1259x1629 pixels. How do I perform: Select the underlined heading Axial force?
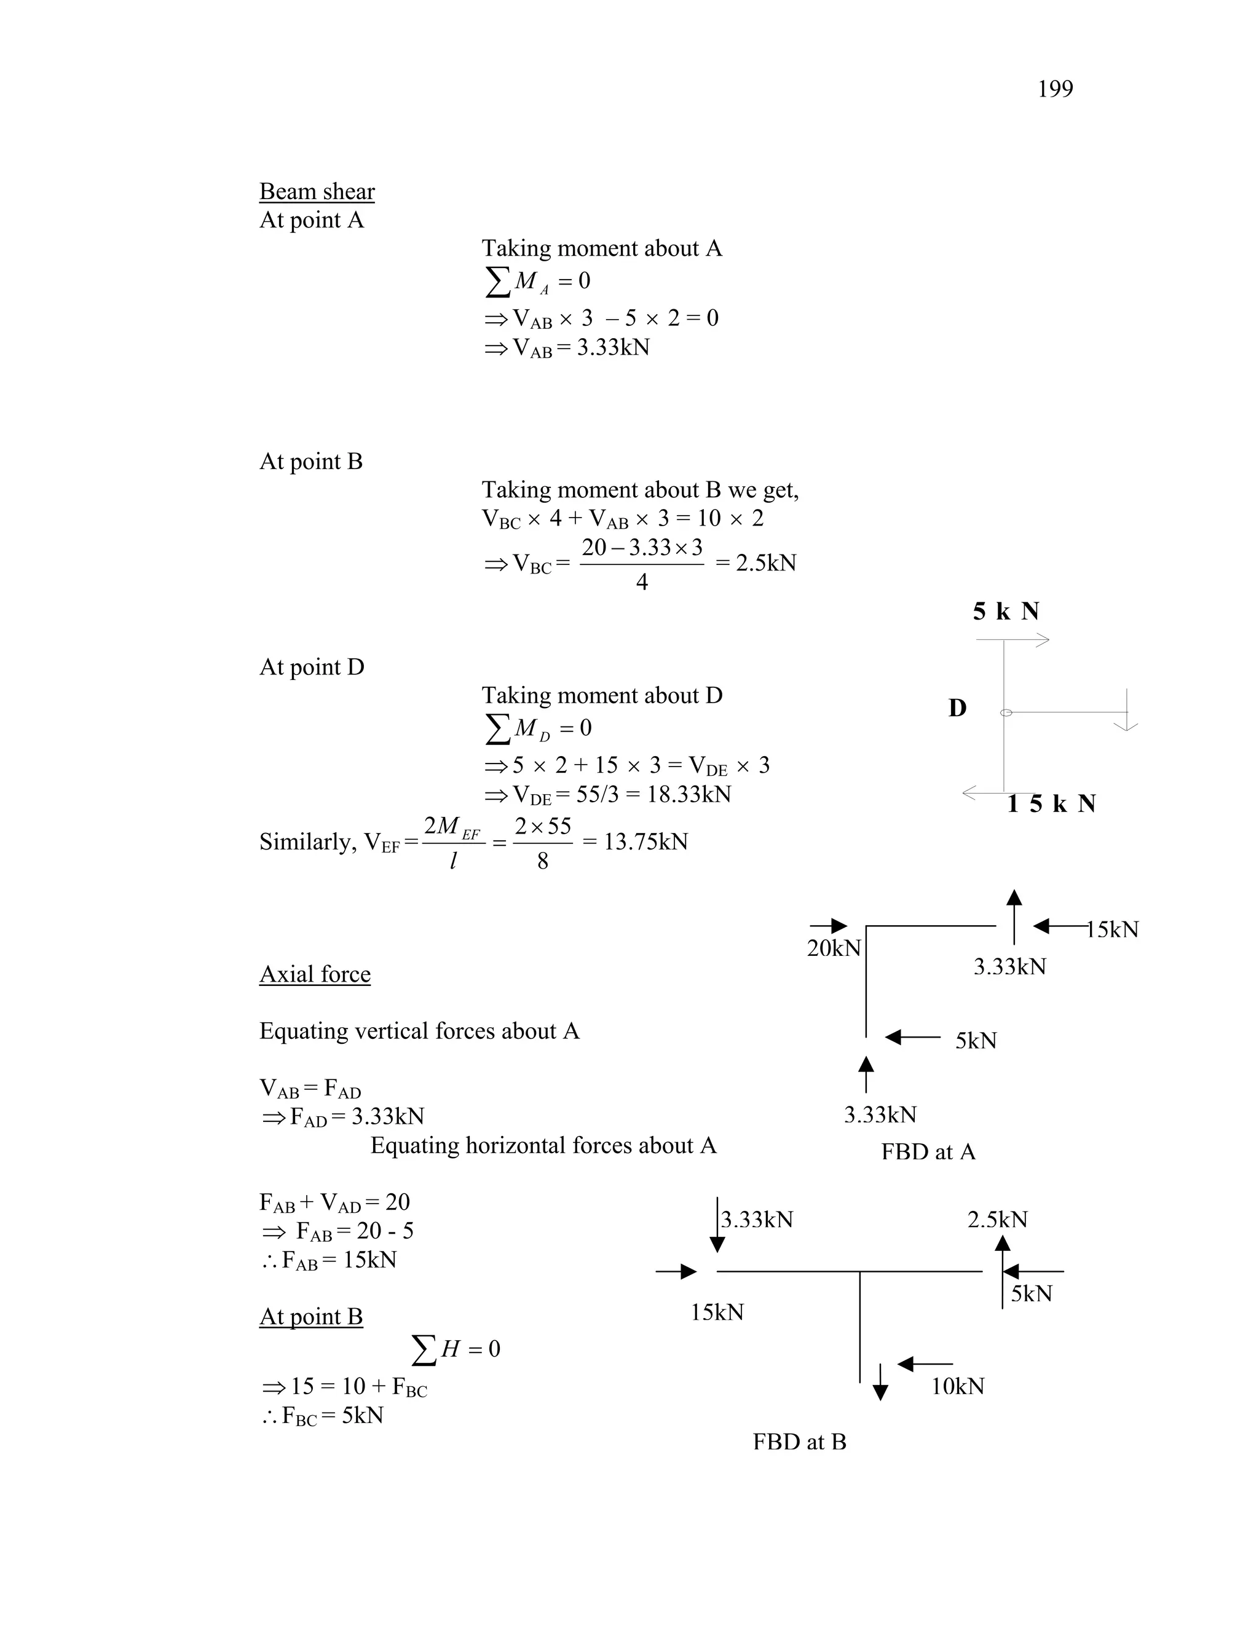(315, 974)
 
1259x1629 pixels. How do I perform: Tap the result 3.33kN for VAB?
(613, 347)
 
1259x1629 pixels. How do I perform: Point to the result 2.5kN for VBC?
(766, 563)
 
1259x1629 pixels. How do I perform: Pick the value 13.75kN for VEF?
(645, 842)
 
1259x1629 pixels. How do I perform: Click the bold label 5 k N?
(1005, 612)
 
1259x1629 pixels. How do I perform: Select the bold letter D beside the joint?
(958, 708)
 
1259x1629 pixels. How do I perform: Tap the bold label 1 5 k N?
(1051, 804)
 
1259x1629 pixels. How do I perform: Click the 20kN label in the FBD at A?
(834, 948)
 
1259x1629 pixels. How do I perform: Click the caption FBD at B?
(800, 1442)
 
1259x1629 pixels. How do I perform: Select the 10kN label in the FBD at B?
(958, 1387)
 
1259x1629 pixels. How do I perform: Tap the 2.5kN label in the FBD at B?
(997, 1220)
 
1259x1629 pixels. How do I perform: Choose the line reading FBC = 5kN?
(324, 1416)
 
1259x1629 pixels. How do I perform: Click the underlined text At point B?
(311, 1317)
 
